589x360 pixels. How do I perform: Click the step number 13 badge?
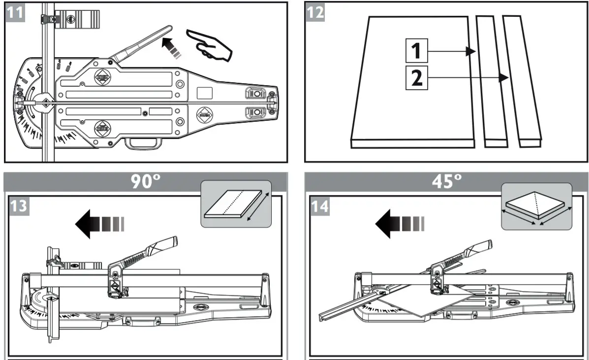(x=19, y=205)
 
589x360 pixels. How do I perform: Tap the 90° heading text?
(x=146, y=182)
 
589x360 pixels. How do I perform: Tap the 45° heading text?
(x=446, y=182)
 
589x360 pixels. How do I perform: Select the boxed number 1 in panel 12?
(x=416, y=51)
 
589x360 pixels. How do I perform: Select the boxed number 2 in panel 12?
(x=416, y=78)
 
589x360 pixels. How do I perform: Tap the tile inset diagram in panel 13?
(x=237, y=204)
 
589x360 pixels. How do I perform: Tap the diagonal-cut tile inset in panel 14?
(x=536, y=207)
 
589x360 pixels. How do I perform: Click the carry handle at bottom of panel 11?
(x=143, y=143)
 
